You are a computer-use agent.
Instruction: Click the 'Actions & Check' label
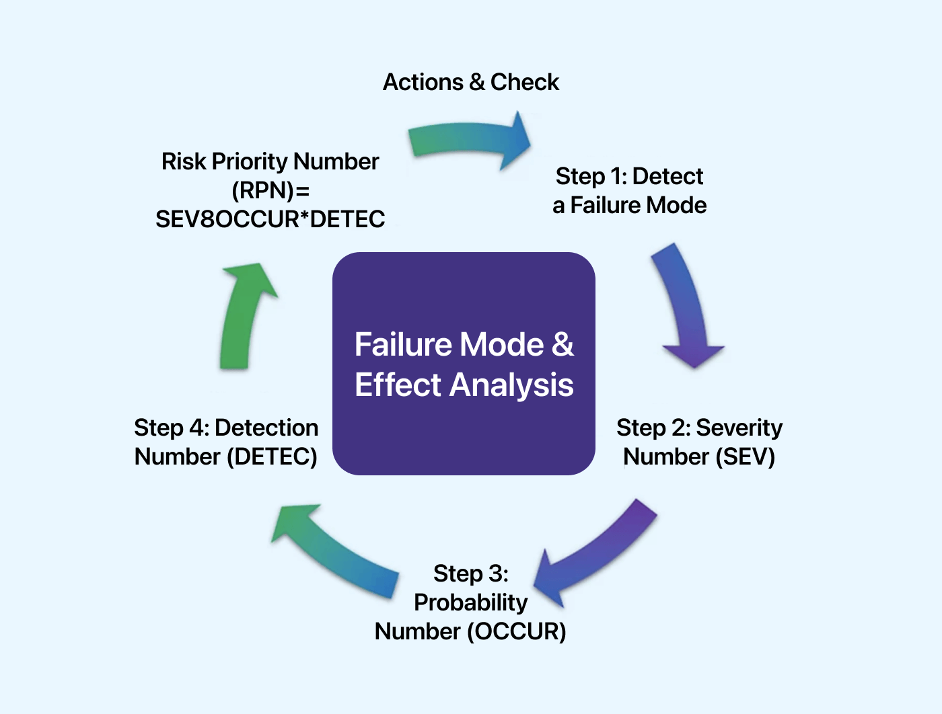470,82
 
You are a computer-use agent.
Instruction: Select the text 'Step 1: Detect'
629,176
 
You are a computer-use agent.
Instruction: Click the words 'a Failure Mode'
629,205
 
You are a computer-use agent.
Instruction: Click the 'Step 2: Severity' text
699,428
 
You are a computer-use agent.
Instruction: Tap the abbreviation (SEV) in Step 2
745,457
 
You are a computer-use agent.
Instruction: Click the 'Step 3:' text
470,573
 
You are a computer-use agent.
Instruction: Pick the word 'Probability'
470,602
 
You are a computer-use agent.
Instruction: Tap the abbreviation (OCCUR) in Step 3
517,631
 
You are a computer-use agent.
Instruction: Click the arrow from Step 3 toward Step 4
336,551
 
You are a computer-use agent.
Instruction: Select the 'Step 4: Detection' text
226,428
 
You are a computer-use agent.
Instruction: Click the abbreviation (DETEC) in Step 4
272,457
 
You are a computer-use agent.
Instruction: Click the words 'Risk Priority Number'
270,161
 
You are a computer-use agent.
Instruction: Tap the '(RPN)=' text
270,190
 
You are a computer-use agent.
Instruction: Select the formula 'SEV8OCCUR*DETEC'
270,219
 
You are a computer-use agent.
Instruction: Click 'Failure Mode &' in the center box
464,344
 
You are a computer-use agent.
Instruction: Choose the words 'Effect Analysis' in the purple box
464,385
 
